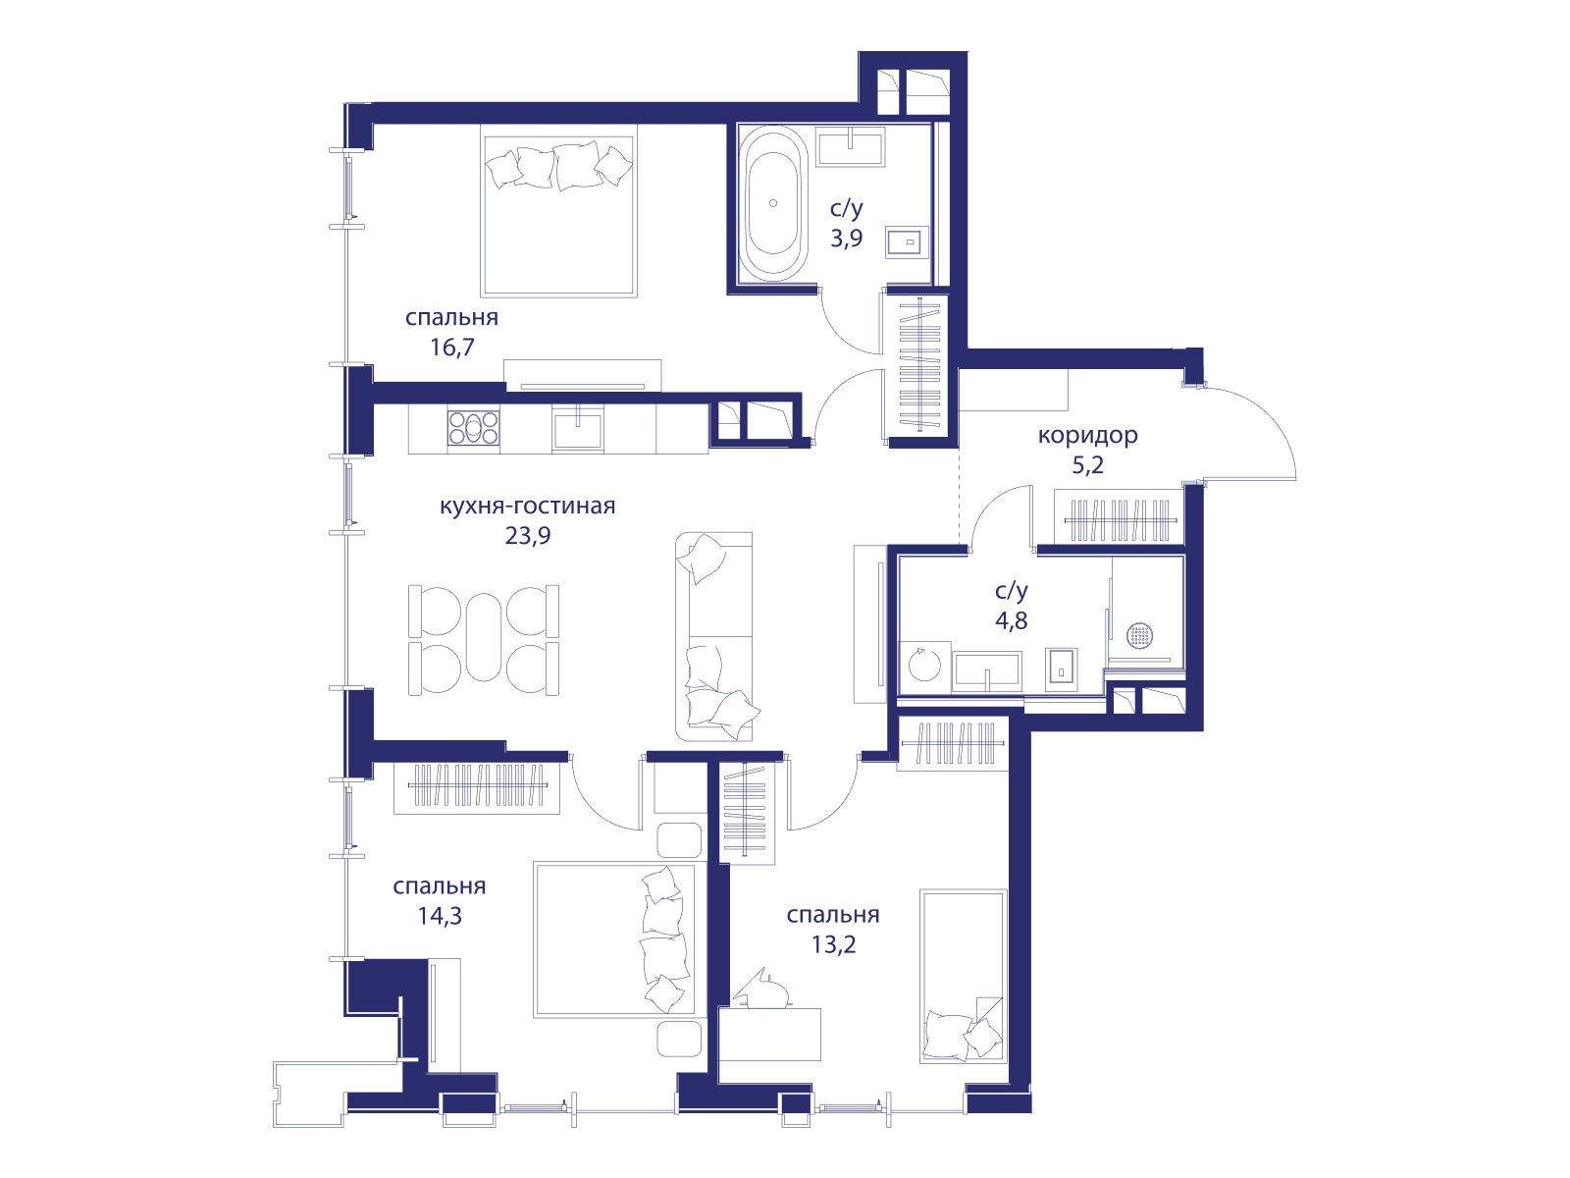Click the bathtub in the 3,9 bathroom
pos(772,204)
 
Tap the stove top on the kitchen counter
pos(473,428)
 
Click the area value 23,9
pos(528,536)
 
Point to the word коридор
pos(1087,435)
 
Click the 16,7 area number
pos(452,347)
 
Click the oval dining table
pos(484,637)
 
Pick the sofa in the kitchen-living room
pos(713,636)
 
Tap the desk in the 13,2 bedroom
pos(769,1035)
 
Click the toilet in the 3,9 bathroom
pos(907,241)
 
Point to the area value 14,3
pos(440,916)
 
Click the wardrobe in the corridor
pos(1120,517)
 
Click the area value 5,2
pos(1087,465)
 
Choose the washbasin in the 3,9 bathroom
pos(851,146)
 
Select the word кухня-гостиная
pos(527,506)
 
